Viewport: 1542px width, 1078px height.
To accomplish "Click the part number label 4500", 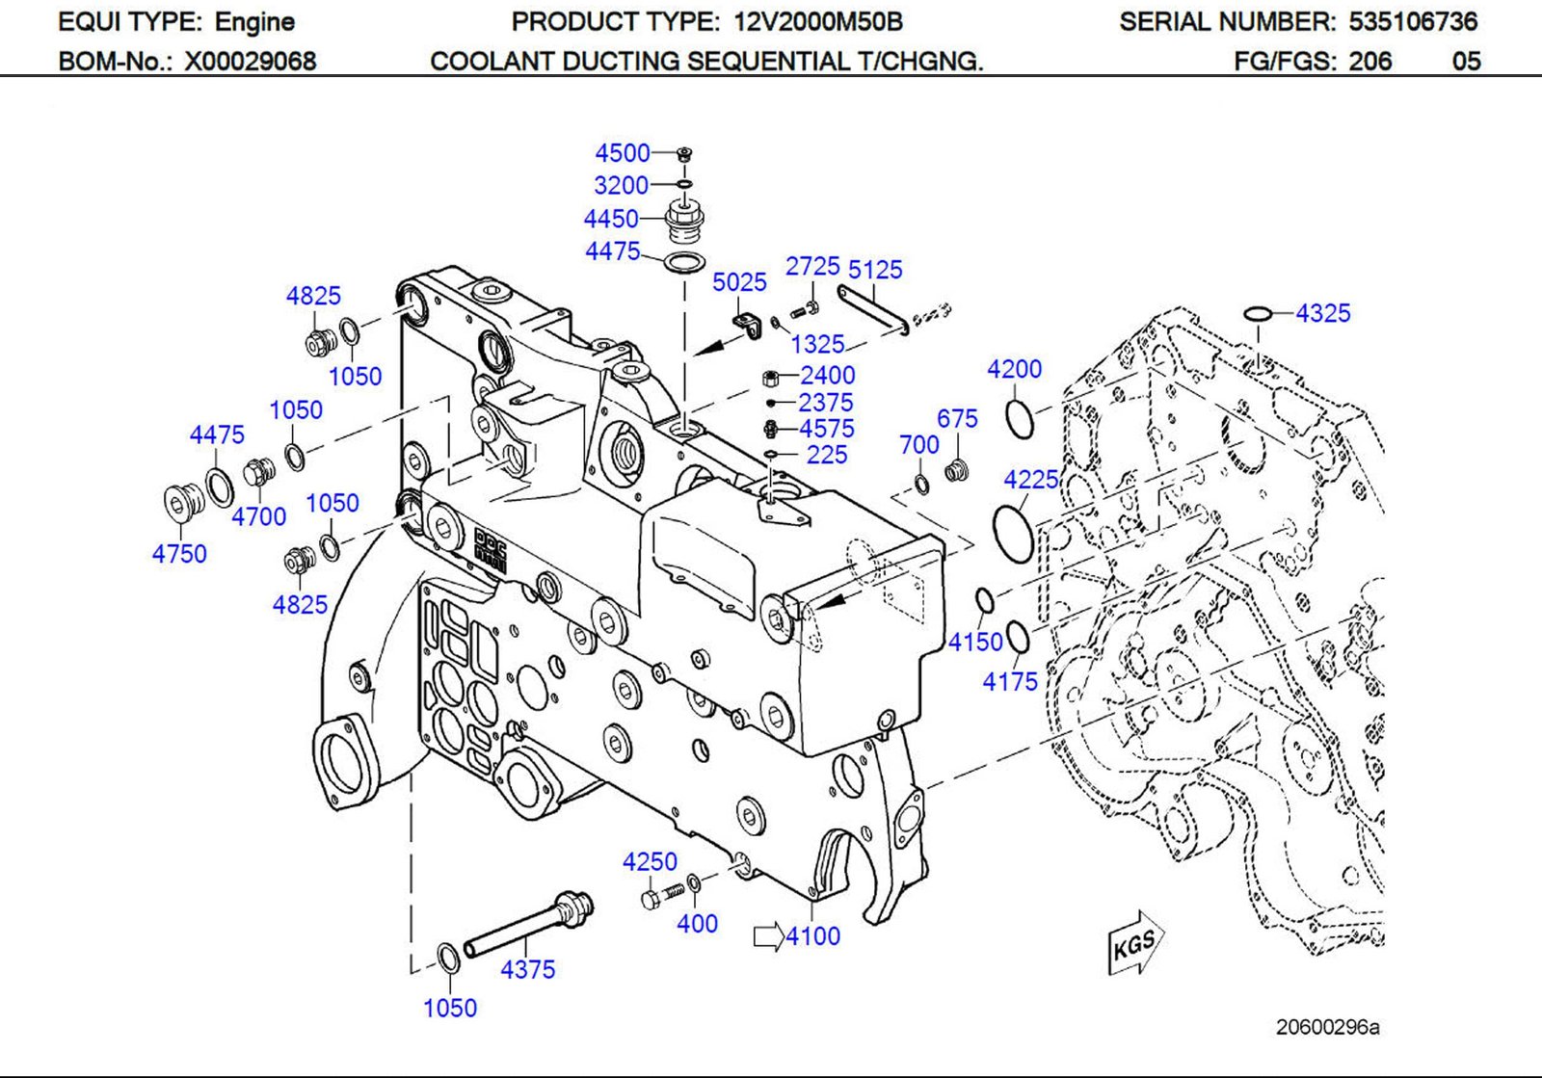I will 622,153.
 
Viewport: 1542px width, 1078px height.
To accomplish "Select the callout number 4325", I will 1322,313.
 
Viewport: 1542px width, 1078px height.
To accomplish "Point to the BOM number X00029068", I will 251,62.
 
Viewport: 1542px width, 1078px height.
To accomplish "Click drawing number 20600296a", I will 1327,1027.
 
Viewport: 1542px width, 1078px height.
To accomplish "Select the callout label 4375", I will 527,969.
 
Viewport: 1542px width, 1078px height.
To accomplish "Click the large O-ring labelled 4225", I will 1013,532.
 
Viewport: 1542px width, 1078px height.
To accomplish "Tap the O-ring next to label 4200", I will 1019,417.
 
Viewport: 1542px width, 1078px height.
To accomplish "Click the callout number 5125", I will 875,270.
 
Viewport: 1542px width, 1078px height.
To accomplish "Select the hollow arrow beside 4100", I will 768,936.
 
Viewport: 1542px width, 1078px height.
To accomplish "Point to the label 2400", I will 827,375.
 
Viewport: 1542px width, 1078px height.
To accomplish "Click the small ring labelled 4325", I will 1257,313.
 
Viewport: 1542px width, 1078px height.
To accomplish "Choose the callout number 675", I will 956,418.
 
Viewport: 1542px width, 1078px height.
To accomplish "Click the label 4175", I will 1009,682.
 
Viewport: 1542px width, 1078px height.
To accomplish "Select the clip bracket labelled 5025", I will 747,322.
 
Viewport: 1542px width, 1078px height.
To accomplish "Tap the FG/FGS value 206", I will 1369,62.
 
